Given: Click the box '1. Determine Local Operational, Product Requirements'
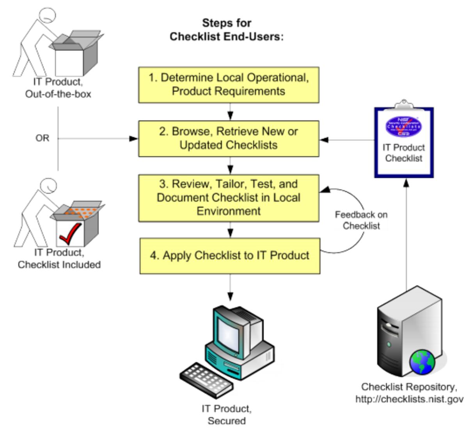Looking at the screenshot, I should [229, 85].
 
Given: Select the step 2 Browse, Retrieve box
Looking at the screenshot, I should [229, 138].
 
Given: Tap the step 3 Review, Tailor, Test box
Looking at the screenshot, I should [229, 198].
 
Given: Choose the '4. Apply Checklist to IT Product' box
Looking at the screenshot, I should [230, 256].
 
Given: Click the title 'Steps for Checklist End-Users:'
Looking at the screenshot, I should [227, 30].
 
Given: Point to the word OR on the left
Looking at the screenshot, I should [42, 138].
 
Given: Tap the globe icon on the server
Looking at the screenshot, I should [422, 362].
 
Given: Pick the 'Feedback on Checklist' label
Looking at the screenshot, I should [361, 220].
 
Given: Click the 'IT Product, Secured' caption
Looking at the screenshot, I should [227, 414].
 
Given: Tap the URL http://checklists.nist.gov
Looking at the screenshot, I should [409, 399].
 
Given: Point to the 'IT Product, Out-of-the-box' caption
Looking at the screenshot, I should [58, 88].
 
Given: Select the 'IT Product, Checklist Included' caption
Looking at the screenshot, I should [59, 258].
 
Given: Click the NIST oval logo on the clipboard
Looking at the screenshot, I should [404, 126].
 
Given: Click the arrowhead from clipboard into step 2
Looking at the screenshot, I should [324, 140].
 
